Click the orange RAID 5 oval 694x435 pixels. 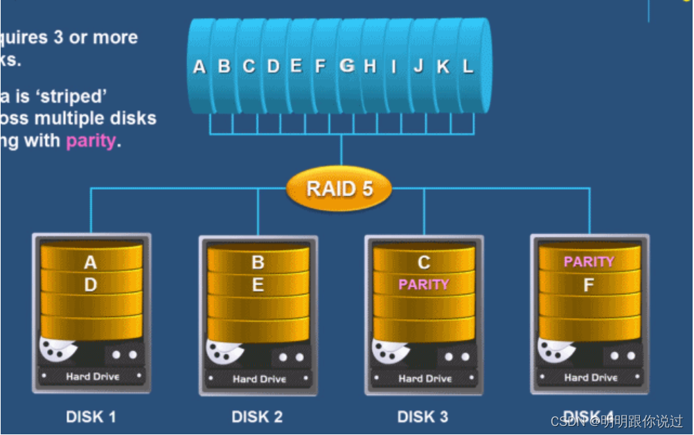click(339, 188)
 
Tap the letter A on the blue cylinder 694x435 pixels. click(199, 66)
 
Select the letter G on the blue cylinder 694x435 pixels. click(347, 66)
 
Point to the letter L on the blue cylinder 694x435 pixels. click(468, 66)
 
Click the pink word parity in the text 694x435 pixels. click(90, 141)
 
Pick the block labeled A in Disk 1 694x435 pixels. click(91, 263)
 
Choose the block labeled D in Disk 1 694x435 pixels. click(91, 285)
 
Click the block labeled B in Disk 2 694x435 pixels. click(258, 263)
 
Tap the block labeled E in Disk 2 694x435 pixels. click(258, 285)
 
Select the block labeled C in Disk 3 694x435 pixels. click(424, 263)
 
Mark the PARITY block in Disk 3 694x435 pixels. click(424, 284)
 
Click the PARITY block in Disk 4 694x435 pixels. click(589, 261)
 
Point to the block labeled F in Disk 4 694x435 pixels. click(589, 285)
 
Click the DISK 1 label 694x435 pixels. click(91, 416)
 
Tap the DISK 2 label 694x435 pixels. click(257, 416)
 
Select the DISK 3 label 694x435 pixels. click(422, 416)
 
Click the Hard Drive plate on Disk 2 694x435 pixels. click(259, 379)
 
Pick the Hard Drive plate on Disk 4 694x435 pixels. click(590, 378)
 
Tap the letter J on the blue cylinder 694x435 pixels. click(418, 66)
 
